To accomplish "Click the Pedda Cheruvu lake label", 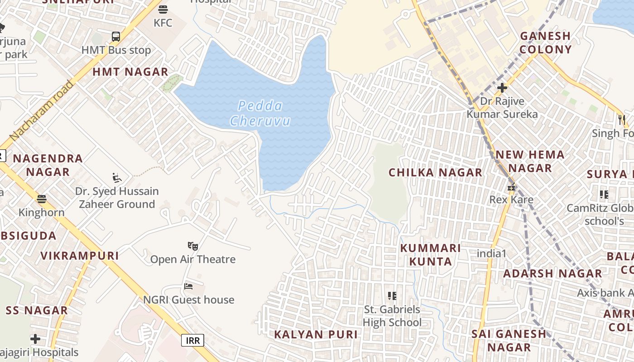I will pyautogui.click(x=260, y=114).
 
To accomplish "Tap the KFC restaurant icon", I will pyautogui.click(x=163, y=10).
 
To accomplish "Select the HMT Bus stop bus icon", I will pyautogui.click(x=116, y=37).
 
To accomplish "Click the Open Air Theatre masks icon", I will pyautogui.click(x=193, y=246).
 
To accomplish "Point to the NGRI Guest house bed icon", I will pyautogui.click(x=188, y=286).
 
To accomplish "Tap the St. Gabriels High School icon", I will pyautogui.click(x=392, y=296).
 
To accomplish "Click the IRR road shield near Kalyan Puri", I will pyautogui.click(x=192, y=340).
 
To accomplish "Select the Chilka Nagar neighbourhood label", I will pyautogui.click(x=435, y=172).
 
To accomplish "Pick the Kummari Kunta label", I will pyautogui.click(x=430, y=255).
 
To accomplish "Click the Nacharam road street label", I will pyautogui.click(x=41, y=110).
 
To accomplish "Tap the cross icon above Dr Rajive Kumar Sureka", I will pyautogui.click(x=502, y=87).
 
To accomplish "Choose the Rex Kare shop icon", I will pyautogui.click(x=511, y=187).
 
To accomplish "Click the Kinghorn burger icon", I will pyautogui.click(x=42, y=199).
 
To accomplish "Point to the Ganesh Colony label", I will pyautogui.click(x=545, y=43).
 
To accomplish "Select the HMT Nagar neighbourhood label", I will pyautogui.click(x=130, y=72).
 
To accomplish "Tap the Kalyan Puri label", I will pyautogui.click(x=316, y=334).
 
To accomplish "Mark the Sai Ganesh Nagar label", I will pyautogui.click(x=509, y=340).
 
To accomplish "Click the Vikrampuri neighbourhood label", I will pyautogui.click(x=80, y=256).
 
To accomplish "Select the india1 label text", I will pyautogui.click(x=491, y=253).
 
